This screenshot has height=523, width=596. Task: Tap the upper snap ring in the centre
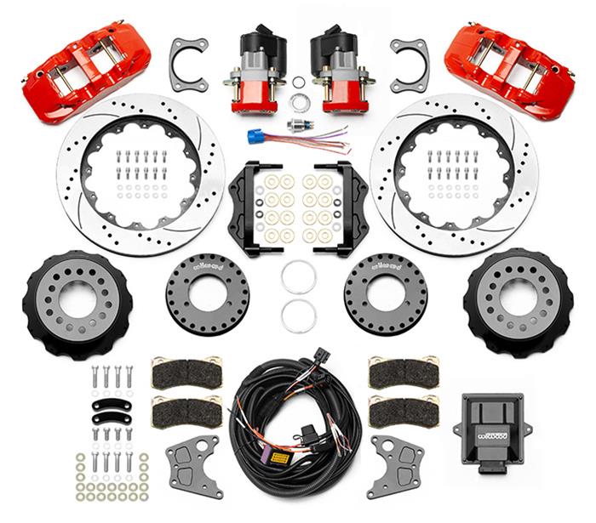[x=299, y=277]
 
